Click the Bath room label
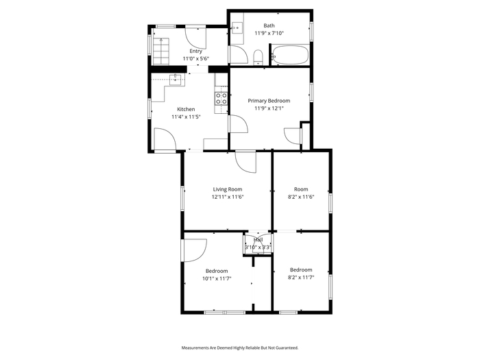269,26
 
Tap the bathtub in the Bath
290,55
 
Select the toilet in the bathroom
259,58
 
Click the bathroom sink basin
237,28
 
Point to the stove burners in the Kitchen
221,98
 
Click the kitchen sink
176,80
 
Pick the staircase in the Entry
161,51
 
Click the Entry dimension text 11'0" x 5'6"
196,59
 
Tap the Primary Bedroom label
269,101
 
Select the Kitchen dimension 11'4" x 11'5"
186,117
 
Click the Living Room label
228,189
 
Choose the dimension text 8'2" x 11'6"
301,197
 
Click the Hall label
258,240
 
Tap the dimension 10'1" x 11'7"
217,278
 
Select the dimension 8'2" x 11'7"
301,277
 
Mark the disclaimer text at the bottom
240,348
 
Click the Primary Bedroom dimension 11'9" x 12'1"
269,108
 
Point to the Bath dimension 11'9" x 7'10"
269,33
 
